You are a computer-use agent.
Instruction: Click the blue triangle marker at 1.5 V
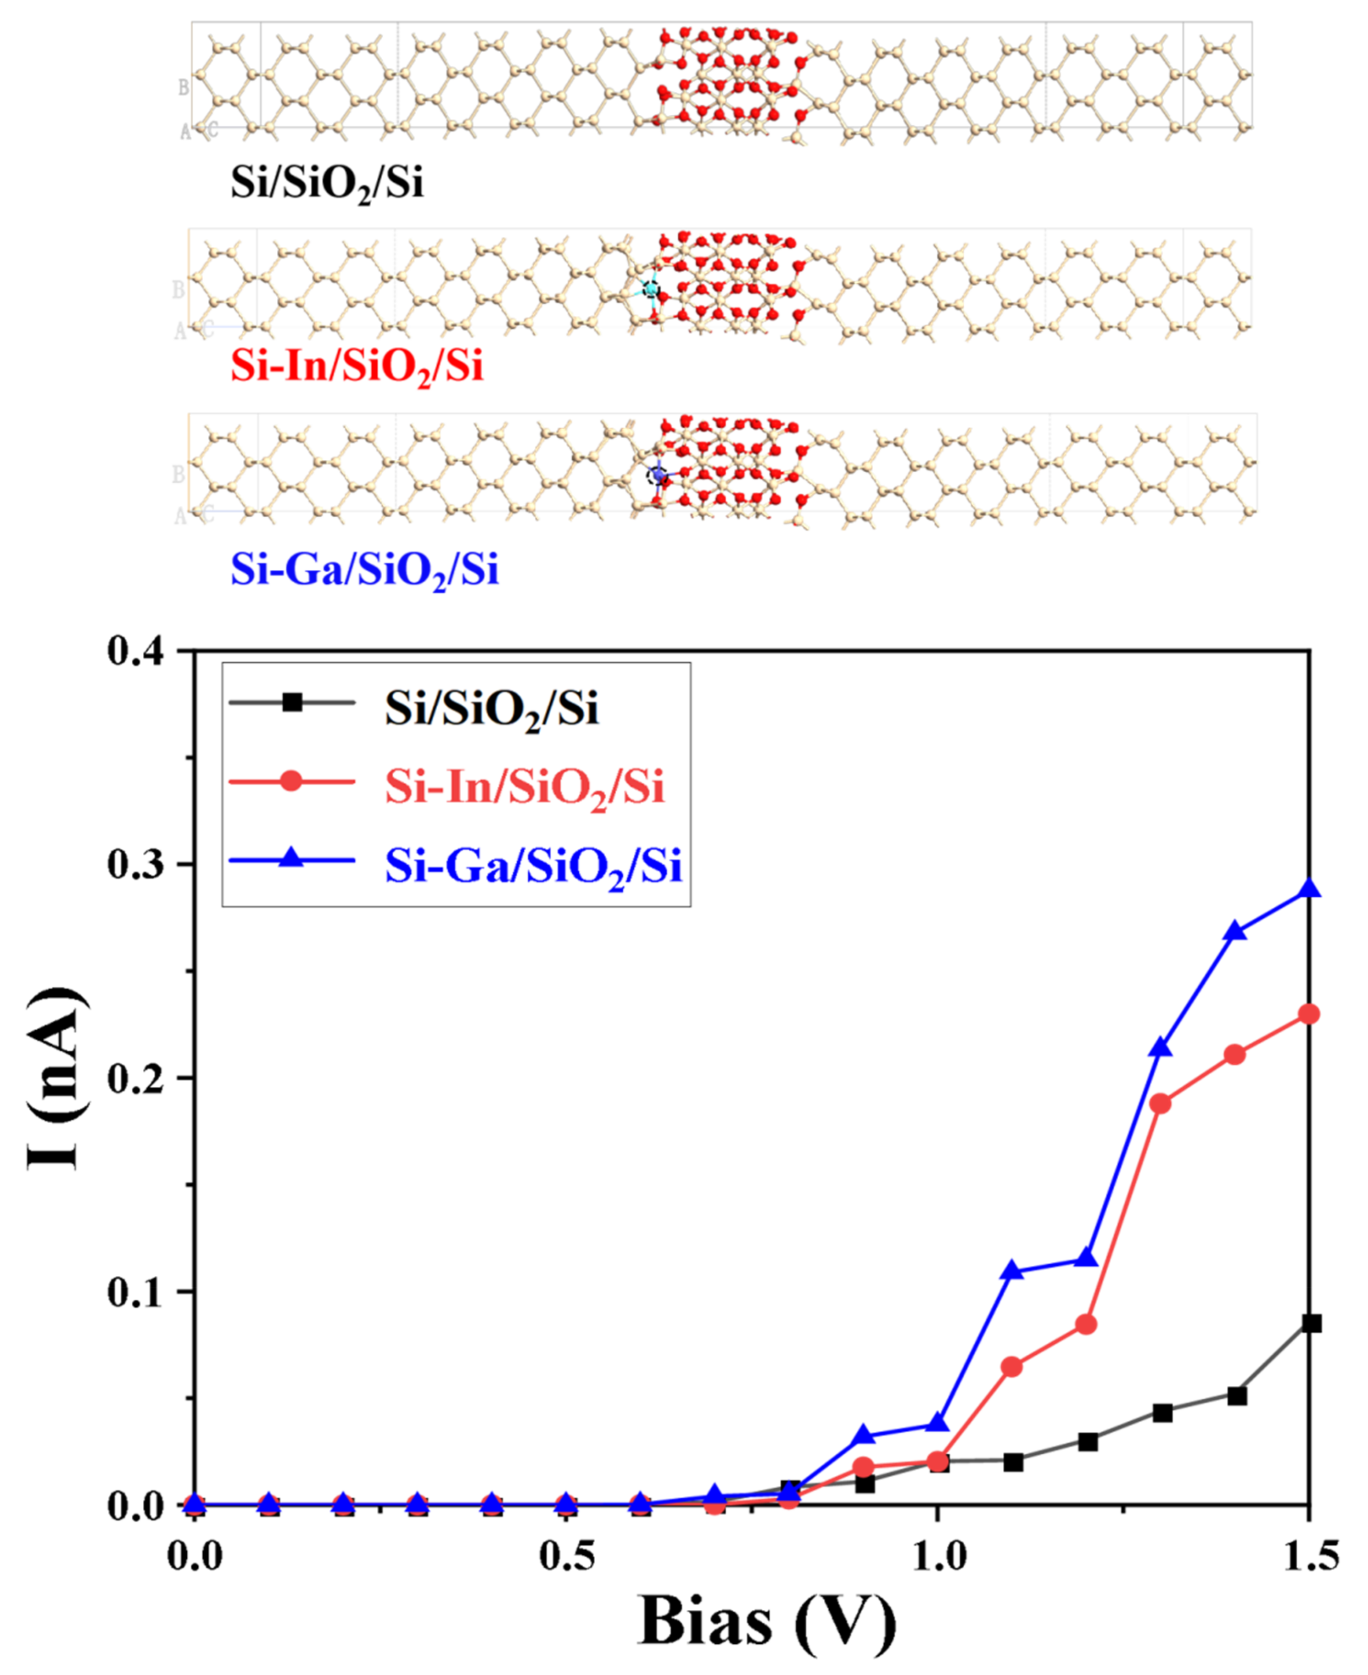pos(1309,889)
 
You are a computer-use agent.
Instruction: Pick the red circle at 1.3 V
pos(1161,1104)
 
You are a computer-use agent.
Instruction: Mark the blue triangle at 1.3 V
pos(1161,1048)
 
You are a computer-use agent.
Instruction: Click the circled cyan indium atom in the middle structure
pos(650,289)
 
